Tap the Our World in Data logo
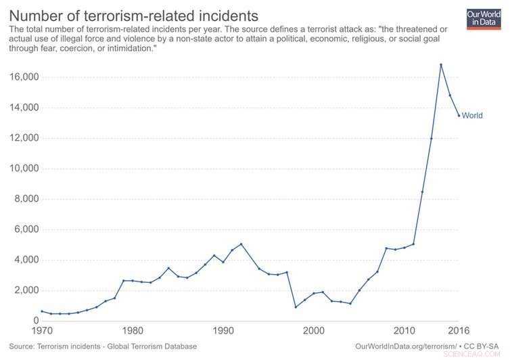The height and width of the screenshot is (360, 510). (483, 18)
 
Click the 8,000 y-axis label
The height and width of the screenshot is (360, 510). (24, 199)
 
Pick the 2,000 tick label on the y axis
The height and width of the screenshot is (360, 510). (24, 290)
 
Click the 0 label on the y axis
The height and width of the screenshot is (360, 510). (35, 321)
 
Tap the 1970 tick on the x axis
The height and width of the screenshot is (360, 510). (42, 331)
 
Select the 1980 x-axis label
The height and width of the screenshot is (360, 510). (133, 331)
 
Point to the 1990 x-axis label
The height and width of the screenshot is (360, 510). (223, 331)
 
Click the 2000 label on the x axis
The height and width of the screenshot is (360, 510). (314, 331)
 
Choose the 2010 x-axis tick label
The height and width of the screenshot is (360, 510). (404, 331)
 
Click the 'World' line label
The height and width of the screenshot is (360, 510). (472, 116)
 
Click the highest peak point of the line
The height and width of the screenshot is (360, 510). (441, 65)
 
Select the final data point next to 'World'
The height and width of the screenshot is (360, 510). (459, 115)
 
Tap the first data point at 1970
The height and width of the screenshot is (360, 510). (42, 311)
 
